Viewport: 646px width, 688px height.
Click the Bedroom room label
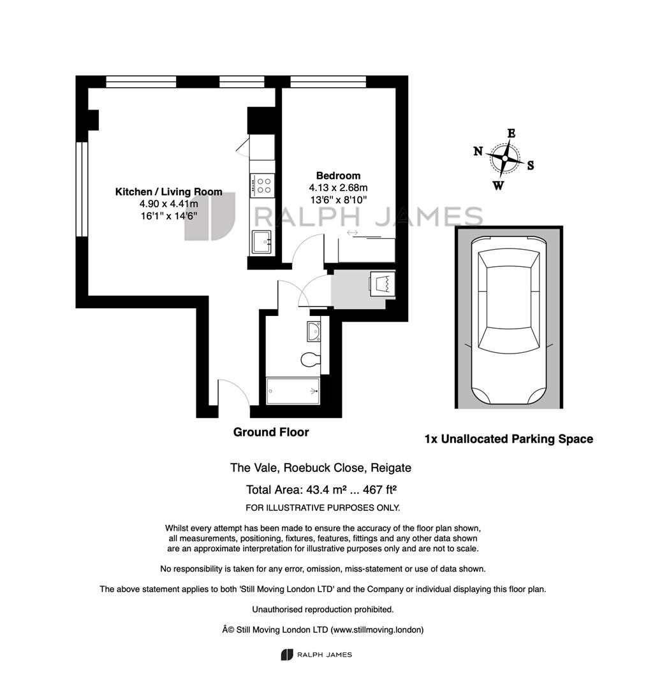(x=338, y=176)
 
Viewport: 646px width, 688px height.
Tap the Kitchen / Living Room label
(x=168, y=192)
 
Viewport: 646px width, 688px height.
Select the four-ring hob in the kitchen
(x=263, y=185)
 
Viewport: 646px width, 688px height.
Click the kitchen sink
(x=263, y=242)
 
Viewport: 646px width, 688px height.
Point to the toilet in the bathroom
(x=310, y=359)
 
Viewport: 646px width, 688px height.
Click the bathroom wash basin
(x=314, y=331)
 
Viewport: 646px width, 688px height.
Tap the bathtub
(x=293, y=391)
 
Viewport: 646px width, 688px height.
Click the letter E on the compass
(x=511, y=133)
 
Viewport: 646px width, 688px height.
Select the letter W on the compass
(x=498, y=186)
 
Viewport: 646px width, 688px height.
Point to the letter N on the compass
(x=478, y=152)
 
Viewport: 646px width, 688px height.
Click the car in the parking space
(x=508, y=320)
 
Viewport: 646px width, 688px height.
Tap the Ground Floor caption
(x=271, y=432)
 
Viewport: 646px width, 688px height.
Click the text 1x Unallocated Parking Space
(x=509, y=439)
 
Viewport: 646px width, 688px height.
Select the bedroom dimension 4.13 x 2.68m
(x=338, y=188)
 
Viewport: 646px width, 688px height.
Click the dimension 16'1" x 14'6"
(x=168, y=215)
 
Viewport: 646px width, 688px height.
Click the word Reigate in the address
(x=391, y=468)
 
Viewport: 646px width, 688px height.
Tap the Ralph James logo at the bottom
(x=317, y=655)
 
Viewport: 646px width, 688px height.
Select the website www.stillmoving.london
(x=377, y=629)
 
